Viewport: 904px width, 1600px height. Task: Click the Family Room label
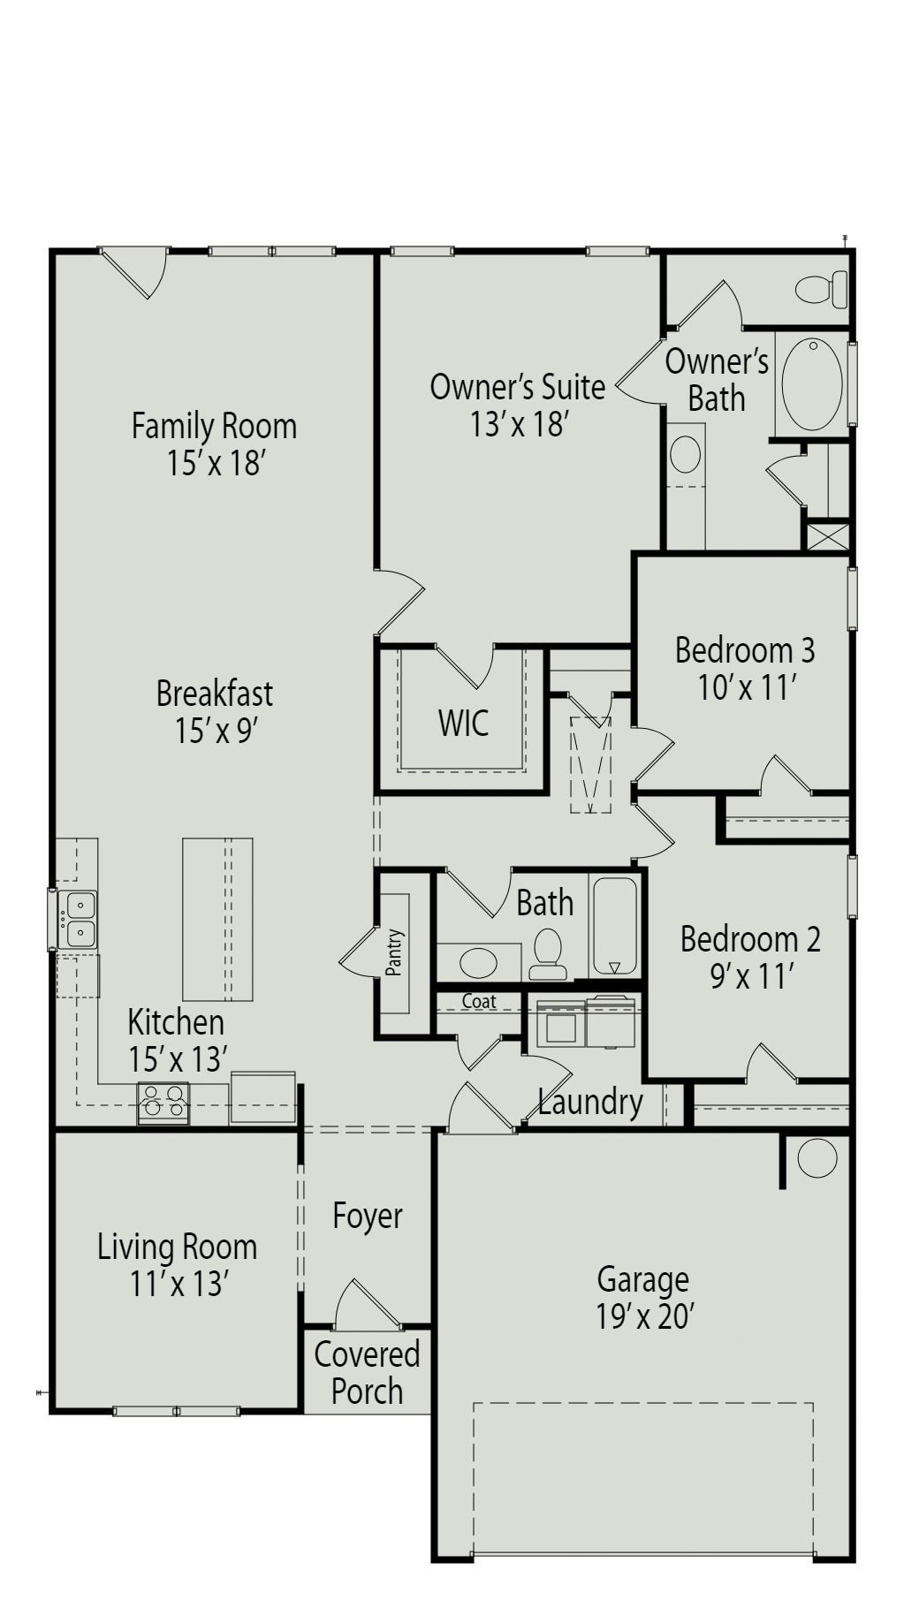click(x=214, y=426)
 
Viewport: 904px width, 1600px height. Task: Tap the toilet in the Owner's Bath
click(x=821, y=289)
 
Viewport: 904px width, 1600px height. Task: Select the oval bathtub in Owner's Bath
click(x=812, y=384)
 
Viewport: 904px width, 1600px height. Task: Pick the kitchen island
click(x=217, y=919)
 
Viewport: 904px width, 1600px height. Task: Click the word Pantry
click(x=394, y=952)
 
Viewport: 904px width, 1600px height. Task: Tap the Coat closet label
click(x=479, y=1001)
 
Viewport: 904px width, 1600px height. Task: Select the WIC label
click(x=463, y=723)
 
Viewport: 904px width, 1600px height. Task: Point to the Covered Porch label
click(x=367, y=1372)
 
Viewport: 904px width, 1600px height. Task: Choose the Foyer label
click(x=368, y=1216)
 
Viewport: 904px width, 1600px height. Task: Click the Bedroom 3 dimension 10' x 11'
click(x=748, y=686)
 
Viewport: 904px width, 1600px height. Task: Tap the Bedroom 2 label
click(x=750, y=938)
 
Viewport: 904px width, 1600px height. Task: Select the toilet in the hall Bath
click(x=549, y=954)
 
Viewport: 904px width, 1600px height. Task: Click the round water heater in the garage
click(x=817, y=1158)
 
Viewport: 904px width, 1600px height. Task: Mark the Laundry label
click(x=590, y=1103)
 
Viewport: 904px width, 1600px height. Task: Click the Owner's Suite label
click(x=518, y=387)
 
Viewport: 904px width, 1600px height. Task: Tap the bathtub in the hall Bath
click(x=614, y=926)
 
